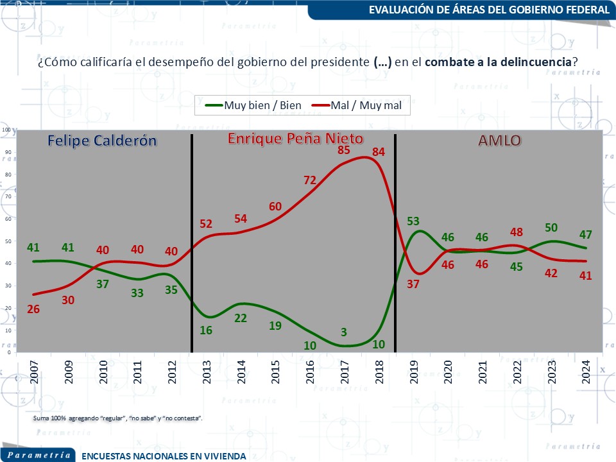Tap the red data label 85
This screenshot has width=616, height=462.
[x=343, y=150]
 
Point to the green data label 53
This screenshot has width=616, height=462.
[x=413, y=221]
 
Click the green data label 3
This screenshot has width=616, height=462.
[x=344, y=332]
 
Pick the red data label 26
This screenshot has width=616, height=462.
[x=33, y=309]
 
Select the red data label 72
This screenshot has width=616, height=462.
[x=311, y=180]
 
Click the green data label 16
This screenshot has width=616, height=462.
[x=207, y=330]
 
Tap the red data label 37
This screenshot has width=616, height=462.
[x=413, y=284]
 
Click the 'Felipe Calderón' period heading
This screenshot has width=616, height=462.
[x=102, y=141]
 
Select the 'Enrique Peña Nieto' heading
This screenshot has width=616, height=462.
[x=296, y=139]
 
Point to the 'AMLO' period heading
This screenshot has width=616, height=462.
[x=500, y=141]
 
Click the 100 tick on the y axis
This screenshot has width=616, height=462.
[x=6, y=130]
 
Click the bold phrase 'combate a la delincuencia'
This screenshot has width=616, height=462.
[x=497, y=62]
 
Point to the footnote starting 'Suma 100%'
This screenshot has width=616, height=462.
[x=118, y=418]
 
